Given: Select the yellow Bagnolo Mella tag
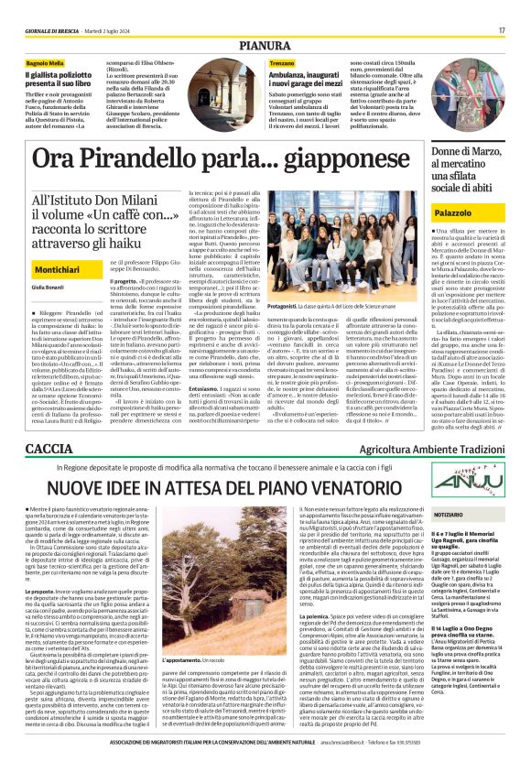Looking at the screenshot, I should tap(44, 62).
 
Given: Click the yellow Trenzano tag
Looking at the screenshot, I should tap(257, 62).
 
